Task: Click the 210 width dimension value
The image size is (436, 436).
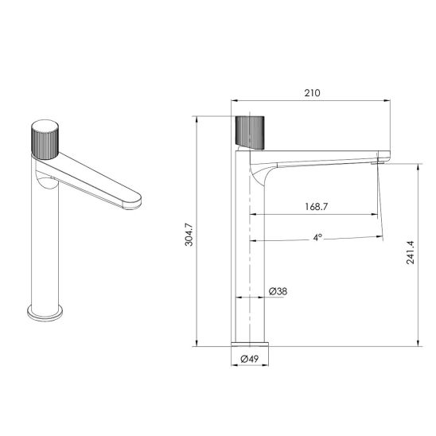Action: click(312, 92)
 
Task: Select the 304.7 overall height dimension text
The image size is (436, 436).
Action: click(189, 234)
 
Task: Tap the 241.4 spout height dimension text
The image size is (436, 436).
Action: click(410, 252)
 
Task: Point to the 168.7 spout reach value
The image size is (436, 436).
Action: click(317, 207)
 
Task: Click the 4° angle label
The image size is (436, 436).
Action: click(317, 237)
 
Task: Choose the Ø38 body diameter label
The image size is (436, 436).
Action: click(278, 291)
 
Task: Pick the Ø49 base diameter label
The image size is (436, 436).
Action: click(250, 359)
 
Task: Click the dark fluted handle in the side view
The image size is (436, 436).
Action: click(250, 133)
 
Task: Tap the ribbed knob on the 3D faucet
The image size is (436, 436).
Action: click(45, 139)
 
